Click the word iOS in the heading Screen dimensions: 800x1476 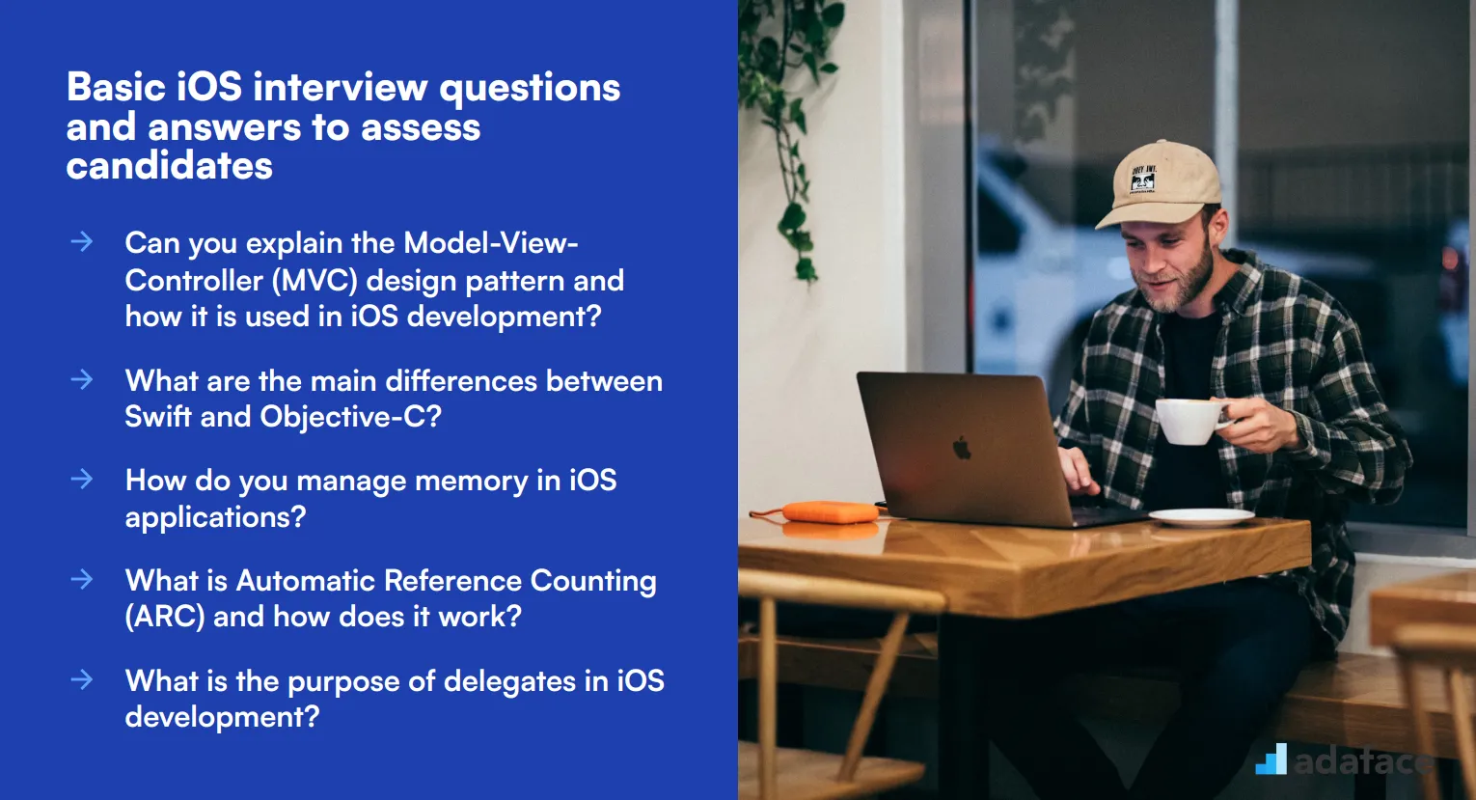209,88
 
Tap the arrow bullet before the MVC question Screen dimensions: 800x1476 82,241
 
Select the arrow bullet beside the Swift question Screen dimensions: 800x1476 82,379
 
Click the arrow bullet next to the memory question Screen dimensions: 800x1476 82,479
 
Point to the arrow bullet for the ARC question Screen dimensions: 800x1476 82,579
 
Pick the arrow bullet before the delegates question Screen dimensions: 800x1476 82,679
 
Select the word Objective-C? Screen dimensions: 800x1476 350,417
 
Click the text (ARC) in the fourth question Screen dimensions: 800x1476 165,617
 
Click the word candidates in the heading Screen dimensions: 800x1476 170,166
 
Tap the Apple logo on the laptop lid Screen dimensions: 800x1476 962,448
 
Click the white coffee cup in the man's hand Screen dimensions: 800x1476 1189,421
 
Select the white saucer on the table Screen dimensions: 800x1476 1201,517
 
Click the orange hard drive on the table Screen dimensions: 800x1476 829,511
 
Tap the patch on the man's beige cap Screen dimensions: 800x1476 1144,180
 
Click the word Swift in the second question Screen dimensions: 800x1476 158,417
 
